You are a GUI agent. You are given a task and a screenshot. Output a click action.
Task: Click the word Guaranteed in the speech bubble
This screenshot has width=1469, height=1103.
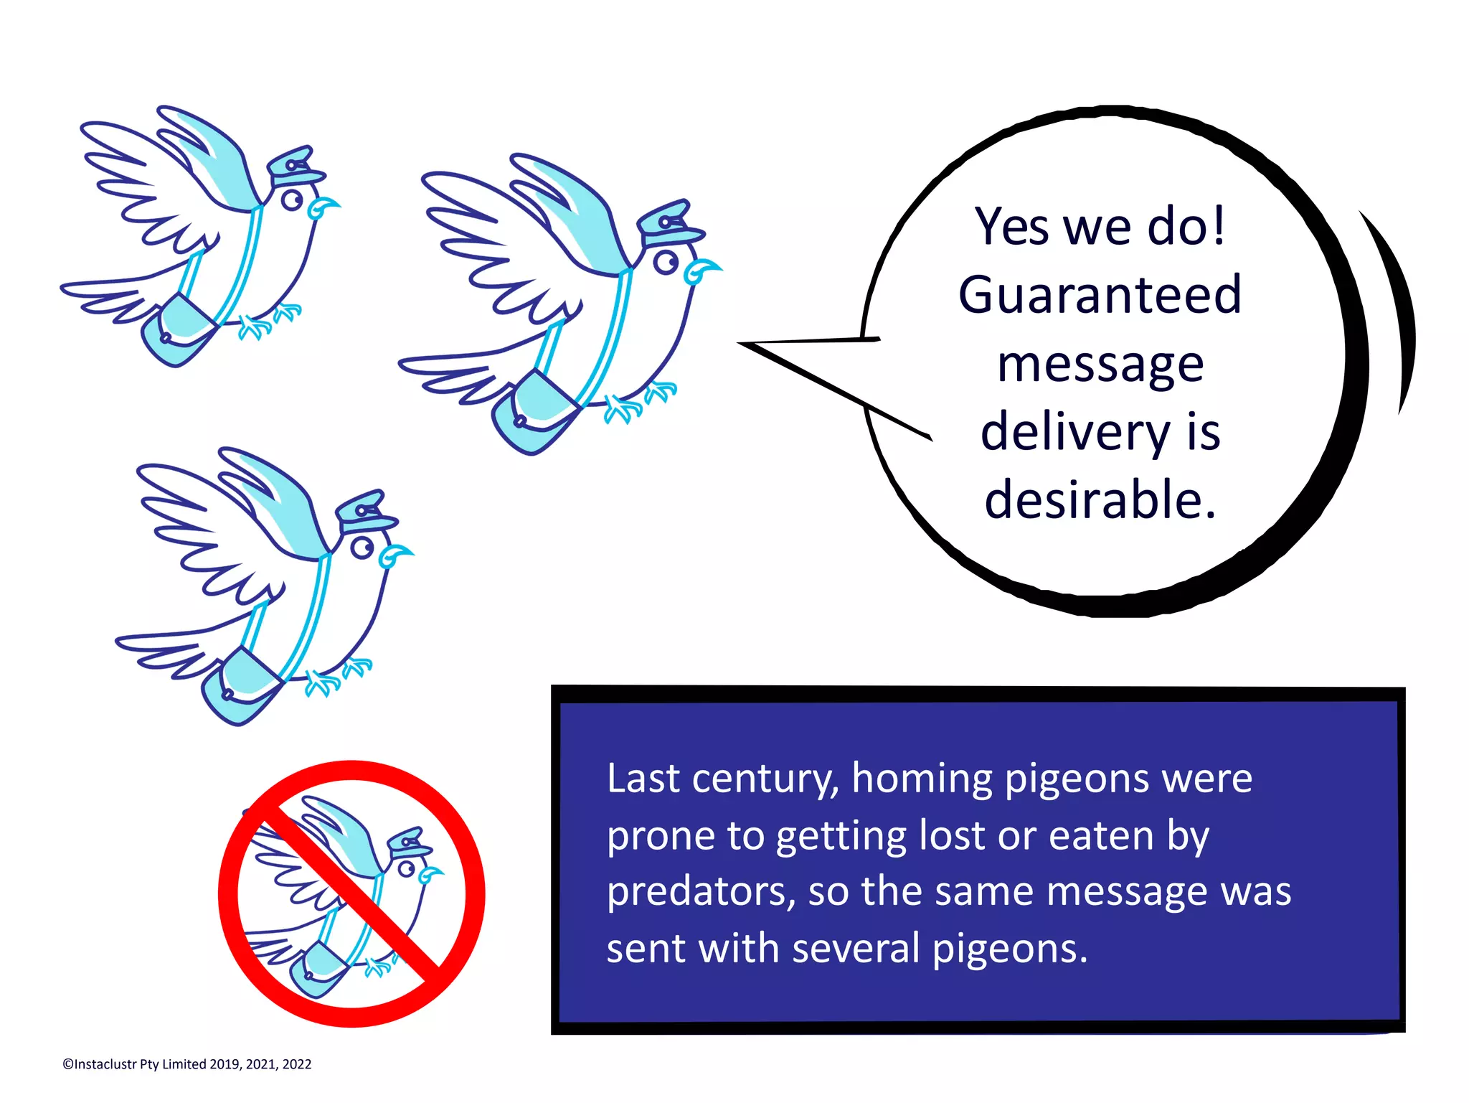(1100, 295)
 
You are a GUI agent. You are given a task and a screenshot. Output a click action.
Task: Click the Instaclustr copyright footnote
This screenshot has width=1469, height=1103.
(187, 1064)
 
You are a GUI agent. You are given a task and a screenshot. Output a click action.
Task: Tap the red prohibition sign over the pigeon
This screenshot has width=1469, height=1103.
(351, 893)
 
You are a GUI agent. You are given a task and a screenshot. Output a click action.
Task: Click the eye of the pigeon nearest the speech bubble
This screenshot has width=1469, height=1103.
(666, 263)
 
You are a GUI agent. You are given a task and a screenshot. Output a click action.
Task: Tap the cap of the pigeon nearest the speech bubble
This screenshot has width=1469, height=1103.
(671, 223)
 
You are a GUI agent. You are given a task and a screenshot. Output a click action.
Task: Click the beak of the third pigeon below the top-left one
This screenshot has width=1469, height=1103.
(394, 555)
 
